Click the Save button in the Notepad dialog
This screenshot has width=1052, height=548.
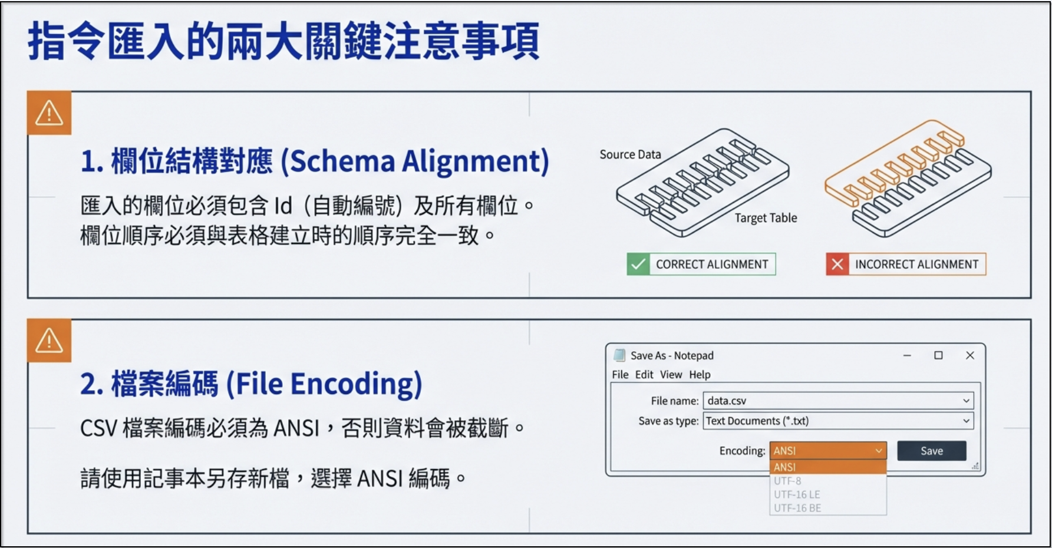(931, 451)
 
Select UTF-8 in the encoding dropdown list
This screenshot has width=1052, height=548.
(787, 481)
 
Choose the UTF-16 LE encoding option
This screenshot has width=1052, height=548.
(797, 494)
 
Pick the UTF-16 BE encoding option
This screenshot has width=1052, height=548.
(797, 508)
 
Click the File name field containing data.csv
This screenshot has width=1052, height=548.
(838, 401)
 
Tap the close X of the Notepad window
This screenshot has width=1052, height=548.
(970, 355)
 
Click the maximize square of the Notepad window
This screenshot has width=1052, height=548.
(938, 355)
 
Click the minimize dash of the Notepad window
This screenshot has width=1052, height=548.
(907, 356)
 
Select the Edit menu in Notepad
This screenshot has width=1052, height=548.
(644, 374)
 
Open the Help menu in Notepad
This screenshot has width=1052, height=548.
(700, 375)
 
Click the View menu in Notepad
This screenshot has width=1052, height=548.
(671, 374)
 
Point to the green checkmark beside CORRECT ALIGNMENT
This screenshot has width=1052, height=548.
(638, 264)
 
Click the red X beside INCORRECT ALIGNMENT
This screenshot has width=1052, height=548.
(837, 264)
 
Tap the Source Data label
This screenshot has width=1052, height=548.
(630, 154)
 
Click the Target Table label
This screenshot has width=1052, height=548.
(766, 218)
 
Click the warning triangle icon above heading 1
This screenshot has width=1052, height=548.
(49, 113)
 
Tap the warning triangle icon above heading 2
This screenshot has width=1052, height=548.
(49, 341)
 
